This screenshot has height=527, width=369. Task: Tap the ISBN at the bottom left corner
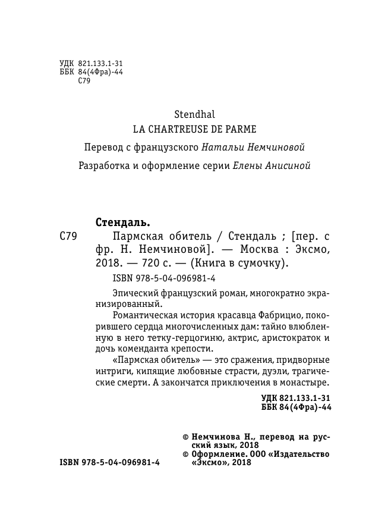point(110,463)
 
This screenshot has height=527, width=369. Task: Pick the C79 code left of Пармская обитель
point(68,235)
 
